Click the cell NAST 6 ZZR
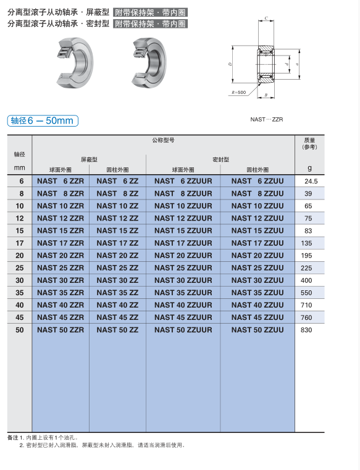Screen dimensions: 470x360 60,181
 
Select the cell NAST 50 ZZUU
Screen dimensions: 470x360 257,330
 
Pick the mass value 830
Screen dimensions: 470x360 306,330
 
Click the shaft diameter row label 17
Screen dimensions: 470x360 20,243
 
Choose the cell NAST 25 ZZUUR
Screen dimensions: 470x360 183,268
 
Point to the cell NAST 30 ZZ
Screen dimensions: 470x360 117,280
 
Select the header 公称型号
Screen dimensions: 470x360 163,140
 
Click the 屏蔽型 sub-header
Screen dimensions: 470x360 89,159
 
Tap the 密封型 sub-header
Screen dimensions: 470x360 220,159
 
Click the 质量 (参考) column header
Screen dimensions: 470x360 309,143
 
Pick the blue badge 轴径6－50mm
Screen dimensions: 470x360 43,120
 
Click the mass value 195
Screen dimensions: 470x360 306,256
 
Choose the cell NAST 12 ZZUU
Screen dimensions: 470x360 257,218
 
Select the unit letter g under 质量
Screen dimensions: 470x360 309,168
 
